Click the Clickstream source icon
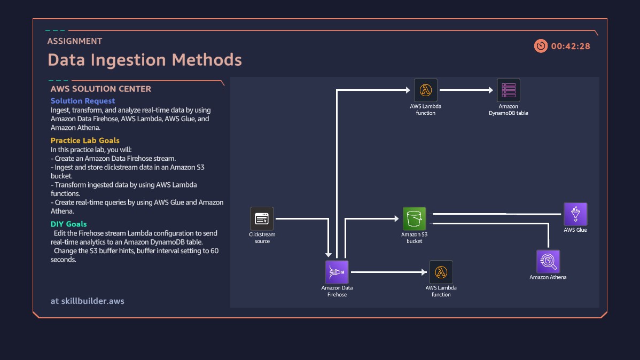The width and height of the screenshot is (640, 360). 262,218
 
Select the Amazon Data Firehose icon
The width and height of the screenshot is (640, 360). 337,272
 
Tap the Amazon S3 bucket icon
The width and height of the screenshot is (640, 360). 415,218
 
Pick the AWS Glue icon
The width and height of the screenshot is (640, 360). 575,214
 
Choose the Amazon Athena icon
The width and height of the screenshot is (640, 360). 548,262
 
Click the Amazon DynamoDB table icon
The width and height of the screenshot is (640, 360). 509,90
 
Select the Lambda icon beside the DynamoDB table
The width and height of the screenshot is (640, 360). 426,90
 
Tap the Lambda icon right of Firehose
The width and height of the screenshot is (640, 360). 441,272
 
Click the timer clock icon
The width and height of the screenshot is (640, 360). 541,46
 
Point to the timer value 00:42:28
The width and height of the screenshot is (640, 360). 571,46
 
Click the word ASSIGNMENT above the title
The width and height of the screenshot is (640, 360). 74,41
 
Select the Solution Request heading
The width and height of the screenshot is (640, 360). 83,101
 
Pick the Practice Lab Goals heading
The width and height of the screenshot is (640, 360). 85,141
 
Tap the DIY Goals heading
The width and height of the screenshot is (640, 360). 68,224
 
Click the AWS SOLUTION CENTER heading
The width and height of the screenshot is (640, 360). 101,89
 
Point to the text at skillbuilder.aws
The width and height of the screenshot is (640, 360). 88,301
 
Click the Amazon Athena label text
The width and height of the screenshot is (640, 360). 548,277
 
